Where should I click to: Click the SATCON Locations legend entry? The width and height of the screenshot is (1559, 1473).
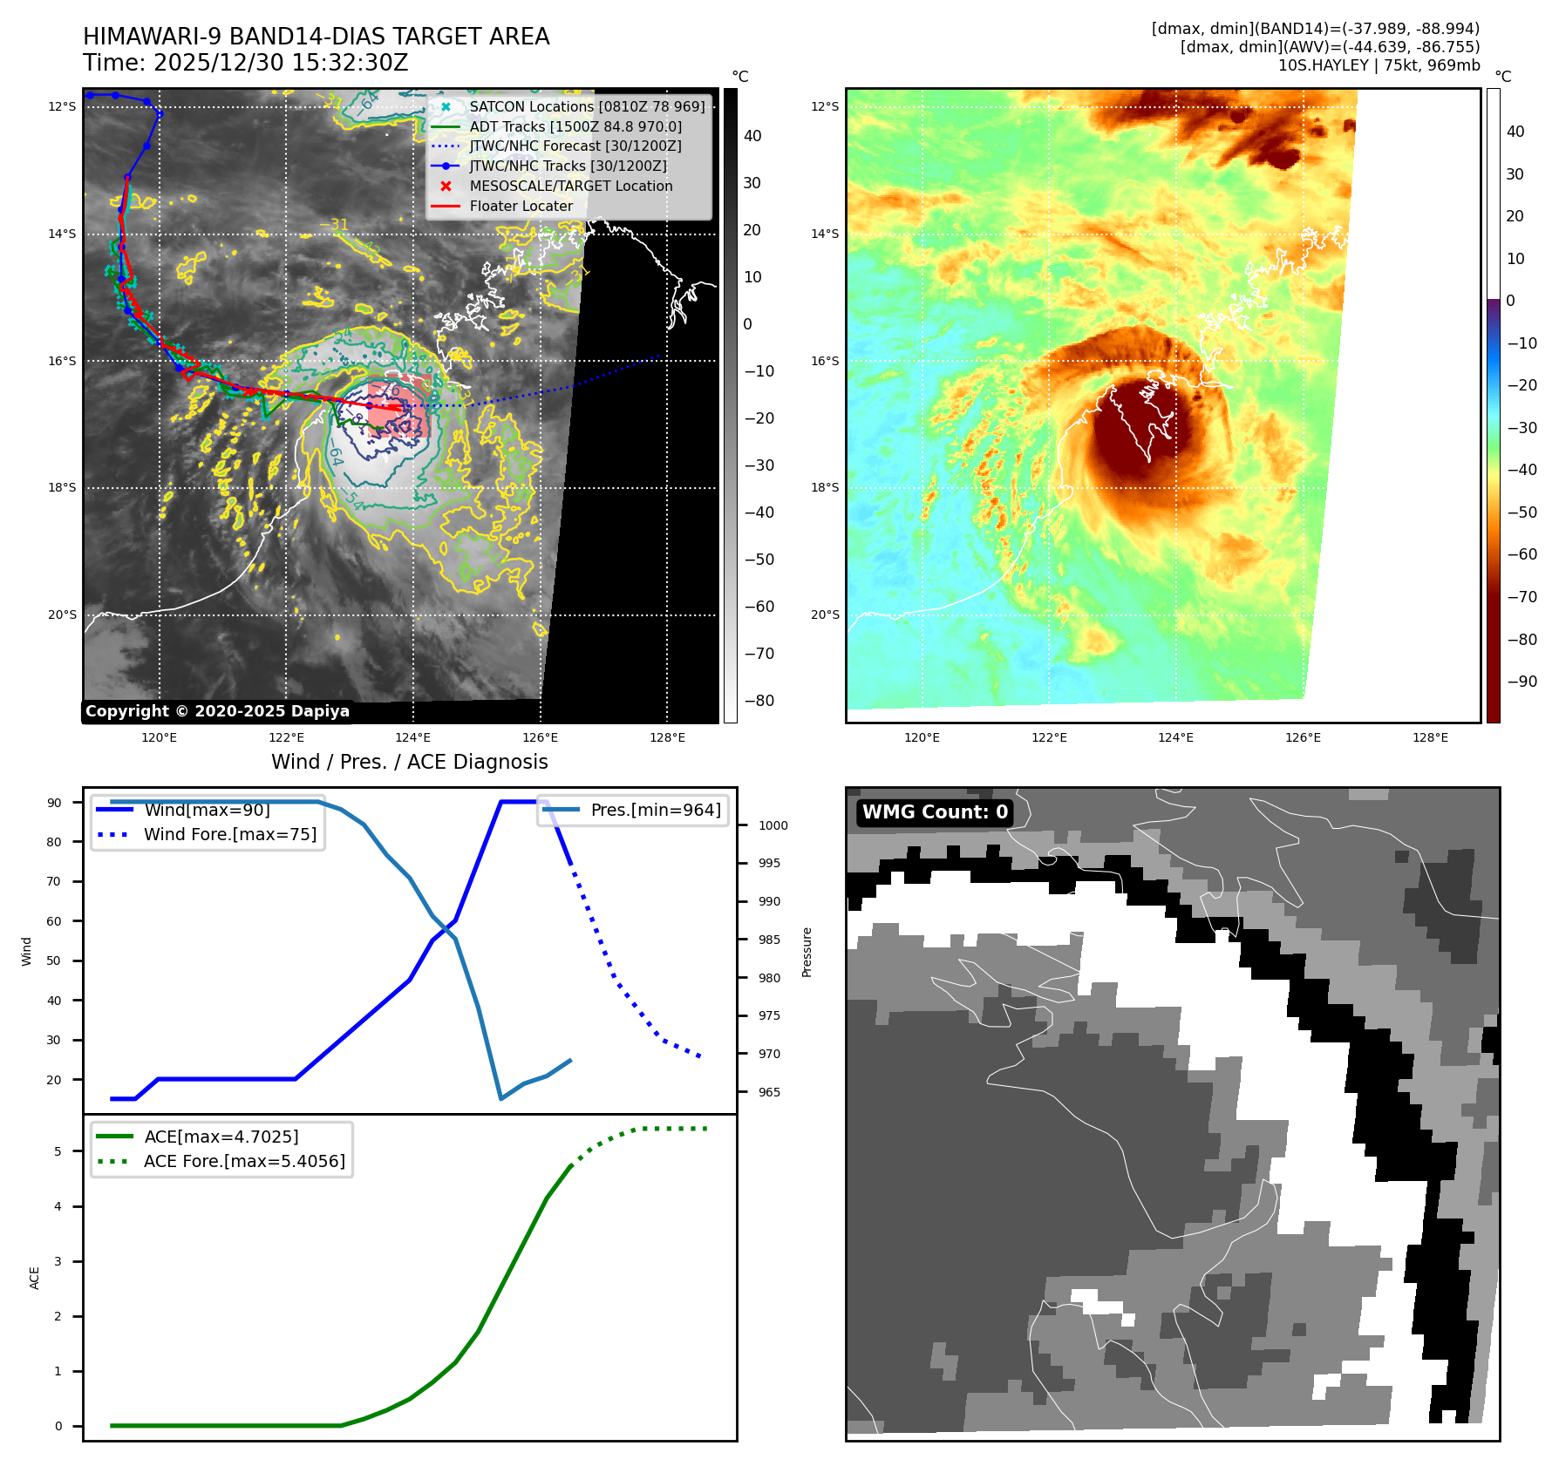[x=587, y=106]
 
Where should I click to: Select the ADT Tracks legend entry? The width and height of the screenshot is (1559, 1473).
[x=575, y=126]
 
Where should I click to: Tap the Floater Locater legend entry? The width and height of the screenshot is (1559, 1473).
[x=521, y=206]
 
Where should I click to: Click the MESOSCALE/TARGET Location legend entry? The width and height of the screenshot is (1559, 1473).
[x=571, y=186]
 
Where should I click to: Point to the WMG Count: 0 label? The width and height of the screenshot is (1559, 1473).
[x=935, y=812]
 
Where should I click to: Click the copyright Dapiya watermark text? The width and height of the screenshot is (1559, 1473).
[x=217, y=711]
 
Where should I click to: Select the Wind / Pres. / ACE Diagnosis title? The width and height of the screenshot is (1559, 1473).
[x=409, y=762]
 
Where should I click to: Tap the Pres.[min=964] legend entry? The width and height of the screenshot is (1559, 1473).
[x=656, y=810]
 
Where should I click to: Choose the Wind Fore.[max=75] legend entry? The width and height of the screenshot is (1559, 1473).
[x=230, y=834]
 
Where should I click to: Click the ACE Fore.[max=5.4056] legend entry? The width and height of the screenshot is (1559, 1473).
[x=244, y=1161]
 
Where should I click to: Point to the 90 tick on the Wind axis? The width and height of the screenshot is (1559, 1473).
[x=55, y=803]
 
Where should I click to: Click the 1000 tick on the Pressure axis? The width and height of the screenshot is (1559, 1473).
[x=773, y=825]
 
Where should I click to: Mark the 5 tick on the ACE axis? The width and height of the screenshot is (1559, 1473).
[x=58, y=1151]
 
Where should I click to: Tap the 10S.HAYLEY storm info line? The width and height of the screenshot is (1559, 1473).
[x=1379, y=65]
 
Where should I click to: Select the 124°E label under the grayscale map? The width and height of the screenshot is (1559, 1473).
[x=413, y=737]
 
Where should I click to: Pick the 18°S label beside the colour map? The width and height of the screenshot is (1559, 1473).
[x=825, y=487]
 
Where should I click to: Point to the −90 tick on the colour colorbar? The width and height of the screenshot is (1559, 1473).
[x=1522, y=682]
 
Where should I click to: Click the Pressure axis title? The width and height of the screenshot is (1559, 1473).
[x=807, y=952]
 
